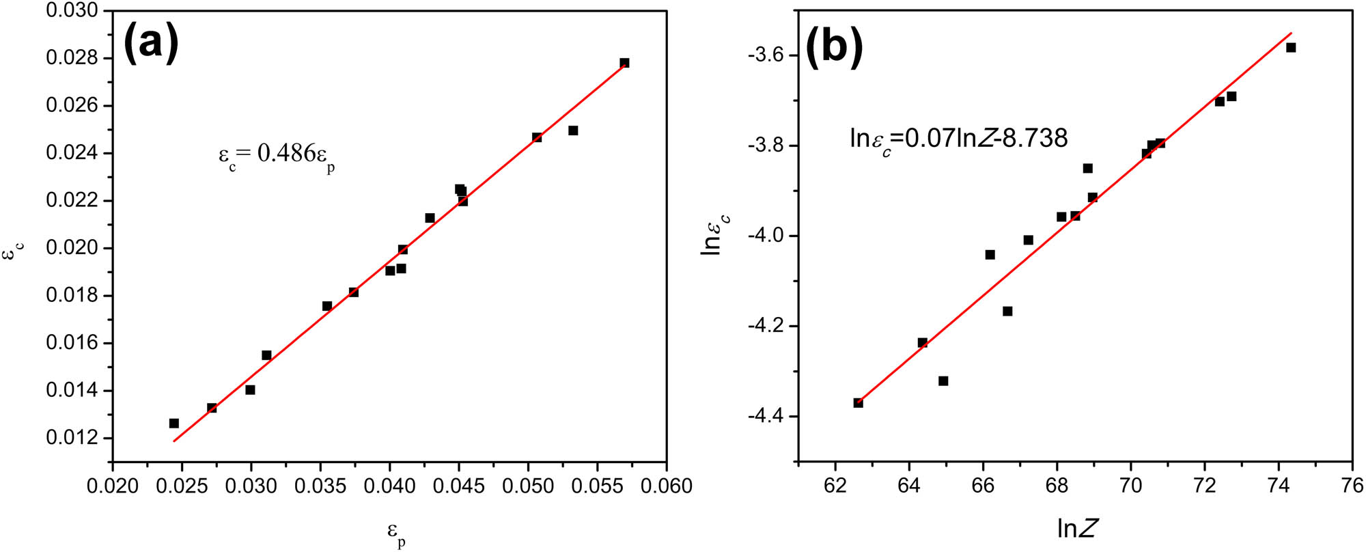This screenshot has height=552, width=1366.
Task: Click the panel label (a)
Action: click(x=151, y=42)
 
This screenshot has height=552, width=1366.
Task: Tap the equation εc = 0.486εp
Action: click(x=277, y=155)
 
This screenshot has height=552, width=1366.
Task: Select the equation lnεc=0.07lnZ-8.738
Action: click(x=958, y=139)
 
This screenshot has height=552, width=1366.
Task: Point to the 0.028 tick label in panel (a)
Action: click(x=71, y=58)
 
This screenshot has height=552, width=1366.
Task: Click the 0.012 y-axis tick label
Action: click(x=71, y=438)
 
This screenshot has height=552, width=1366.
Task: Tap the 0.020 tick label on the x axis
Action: click(x=113, y=486)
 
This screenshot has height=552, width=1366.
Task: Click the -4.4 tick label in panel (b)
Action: click(x=768, y=417)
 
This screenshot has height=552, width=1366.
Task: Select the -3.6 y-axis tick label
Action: click(x=768, y=55)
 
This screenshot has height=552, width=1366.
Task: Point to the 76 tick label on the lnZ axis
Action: click(x=1353, y=486)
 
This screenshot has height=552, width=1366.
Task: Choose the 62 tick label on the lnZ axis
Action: click(x=835, y=486)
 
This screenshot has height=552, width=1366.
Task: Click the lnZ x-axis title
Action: click(x=1078, y=528)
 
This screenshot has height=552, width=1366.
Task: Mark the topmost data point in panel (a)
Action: click(x=624, y=63)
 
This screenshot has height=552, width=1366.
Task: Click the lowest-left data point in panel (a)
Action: click(x=174, y=424)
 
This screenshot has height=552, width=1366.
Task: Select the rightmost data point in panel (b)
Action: click(x=1291, y=48)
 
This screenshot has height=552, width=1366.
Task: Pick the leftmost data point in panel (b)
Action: click(x=859, y=403)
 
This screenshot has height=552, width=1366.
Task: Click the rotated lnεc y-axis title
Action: click(x=714, y=234)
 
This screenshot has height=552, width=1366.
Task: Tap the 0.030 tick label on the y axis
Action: click(x=71, y=12)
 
